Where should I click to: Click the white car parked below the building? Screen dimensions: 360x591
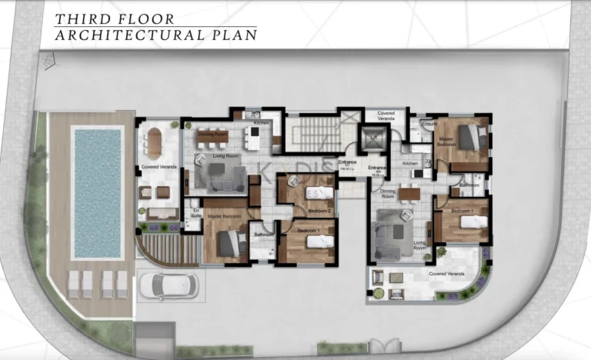[168, 285]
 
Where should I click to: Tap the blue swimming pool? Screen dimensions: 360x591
[97, 193]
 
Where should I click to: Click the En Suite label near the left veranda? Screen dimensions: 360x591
[196, 213]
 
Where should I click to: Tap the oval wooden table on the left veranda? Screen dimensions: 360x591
[155, 142]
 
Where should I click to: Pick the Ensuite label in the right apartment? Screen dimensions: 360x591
[429, 124]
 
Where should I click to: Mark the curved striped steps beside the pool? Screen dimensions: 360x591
[164, 250]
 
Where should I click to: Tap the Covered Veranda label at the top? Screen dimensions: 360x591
[386, 115]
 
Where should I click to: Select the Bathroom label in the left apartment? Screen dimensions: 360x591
[264, 234]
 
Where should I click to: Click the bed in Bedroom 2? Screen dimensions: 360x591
[318, 193]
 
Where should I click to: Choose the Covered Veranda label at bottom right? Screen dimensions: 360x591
[447, 272]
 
